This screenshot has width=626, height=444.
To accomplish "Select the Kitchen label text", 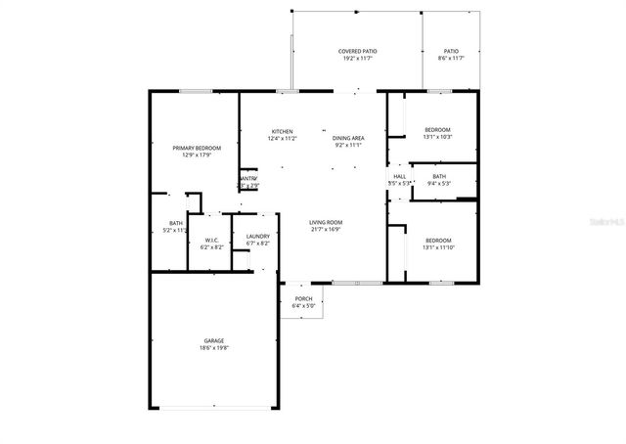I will click(283, 131).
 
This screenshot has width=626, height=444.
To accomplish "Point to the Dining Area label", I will click(348, 138).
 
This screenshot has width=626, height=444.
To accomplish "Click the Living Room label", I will click(326, 223).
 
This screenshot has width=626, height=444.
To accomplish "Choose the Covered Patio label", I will click(358, 51).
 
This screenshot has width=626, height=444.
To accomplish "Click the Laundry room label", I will click(258, 236).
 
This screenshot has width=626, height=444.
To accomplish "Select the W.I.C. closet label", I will click(212, 241).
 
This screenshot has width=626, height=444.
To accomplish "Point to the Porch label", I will click(303, 299).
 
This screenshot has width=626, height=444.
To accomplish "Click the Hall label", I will click(399, 176).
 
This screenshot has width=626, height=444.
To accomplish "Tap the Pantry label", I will click(247, 178).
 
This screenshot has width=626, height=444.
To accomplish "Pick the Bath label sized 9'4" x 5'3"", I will click(439, 176).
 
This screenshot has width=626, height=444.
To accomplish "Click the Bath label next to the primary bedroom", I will click(176, 223).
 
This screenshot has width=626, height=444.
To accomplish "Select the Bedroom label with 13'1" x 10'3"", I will click(437, 130).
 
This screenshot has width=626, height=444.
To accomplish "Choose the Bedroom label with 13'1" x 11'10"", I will click(437, 240).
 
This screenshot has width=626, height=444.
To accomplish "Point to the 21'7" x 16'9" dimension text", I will click(326, 230).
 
